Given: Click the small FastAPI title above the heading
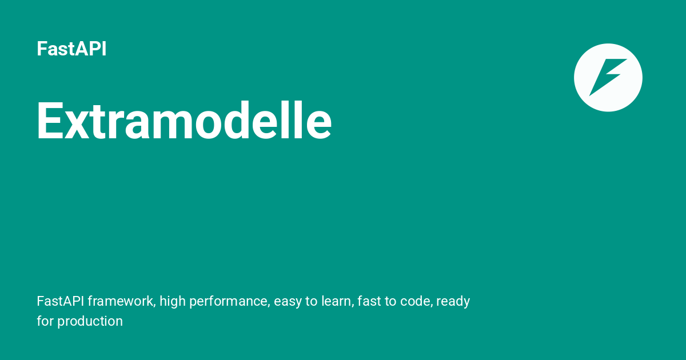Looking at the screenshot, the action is point(71,49).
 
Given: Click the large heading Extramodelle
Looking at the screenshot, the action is point(184,121).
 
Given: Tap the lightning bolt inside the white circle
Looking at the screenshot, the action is point(608,78).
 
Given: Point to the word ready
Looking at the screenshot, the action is point(453,302).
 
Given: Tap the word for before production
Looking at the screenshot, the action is point(45,321).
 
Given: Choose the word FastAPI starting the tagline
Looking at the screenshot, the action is point(61,301).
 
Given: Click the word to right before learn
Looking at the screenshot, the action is point(312,302).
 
